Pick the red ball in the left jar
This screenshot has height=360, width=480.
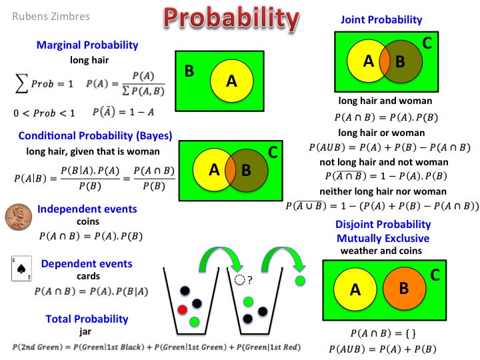click(182, 310)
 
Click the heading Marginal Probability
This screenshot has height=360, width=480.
click(87, 45)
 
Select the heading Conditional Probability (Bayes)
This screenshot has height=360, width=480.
click(95, 136)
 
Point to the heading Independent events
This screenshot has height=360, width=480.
click(87, 209)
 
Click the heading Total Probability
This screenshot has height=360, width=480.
click(87, 319)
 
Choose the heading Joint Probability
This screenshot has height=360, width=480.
click(381, 20)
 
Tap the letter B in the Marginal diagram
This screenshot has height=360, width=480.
click(189, 71)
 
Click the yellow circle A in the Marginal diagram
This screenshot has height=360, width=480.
click(231, 81)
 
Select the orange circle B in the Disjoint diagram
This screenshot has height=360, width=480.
click(403, 288)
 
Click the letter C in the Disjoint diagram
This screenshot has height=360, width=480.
click(435, 274)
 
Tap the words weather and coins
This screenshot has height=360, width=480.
click(381, 251)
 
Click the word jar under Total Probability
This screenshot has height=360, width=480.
click(87, 331)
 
